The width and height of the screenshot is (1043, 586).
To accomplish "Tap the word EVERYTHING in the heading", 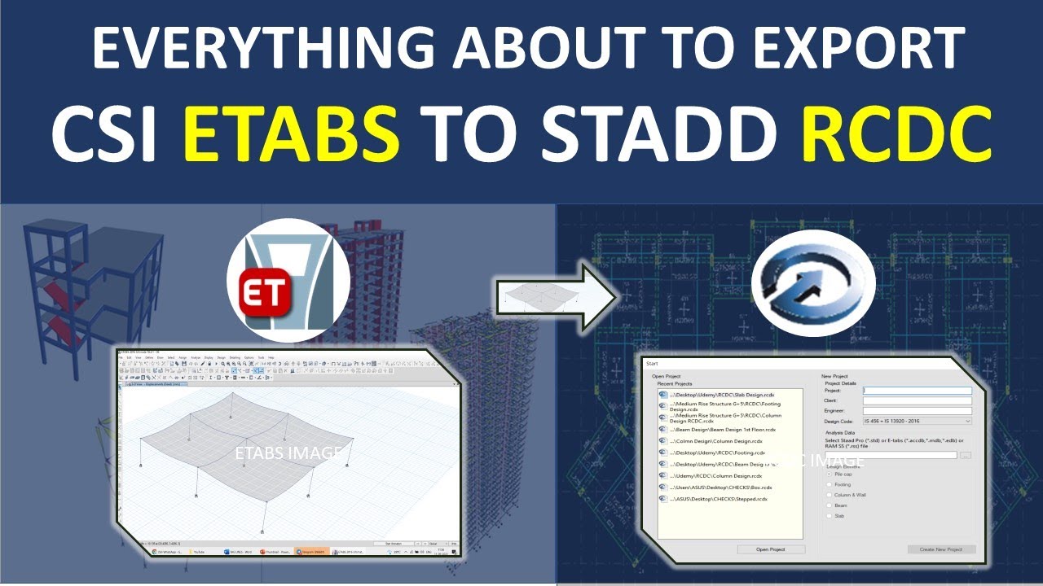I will click(x=253, y=48).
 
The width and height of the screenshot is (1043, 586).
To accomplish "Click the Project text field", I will click(x=918, y=391).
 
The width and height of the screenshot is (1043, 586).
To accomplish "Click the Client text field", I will click(x=918, y=400).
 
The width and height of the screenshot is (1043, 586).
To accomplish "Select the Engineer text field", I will click(x=918, y=411).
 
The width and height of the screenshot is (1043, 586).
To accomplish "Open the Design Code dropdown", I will click(x=918, y=422).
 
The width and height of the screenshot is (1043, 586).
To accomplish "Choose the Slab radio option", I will click(x=830, y=516).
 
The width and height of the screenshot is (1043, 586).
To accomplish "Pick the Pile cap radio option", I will click(x=830, y=474).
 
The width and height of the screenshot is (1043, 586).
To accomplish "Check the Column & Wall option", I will click(x=830, y=495).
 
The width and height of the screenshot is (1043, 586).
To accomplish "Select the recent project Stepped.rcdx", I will click(x=717, y=499).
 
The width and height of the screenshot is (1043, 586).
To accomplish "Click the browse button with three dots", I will click(x=966, y=455).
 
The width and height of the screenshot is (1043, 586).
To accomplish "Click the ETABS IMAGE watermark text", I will click(x=287, y=453).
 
